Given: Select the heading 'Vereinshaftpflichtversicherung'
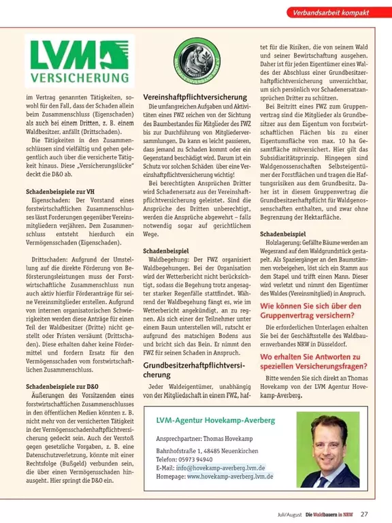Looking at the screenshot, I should click(x=194, y=98).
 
